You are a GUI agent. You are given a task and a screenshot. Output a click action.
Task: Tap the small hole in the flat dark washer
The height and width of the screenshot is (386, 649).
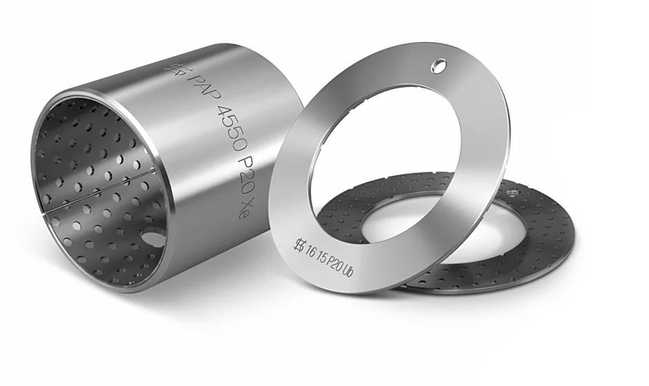(512, 193)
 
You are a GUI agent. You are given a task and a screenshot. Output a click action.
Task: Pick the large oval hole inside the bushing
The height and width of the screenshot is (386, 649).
(152, 238)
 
